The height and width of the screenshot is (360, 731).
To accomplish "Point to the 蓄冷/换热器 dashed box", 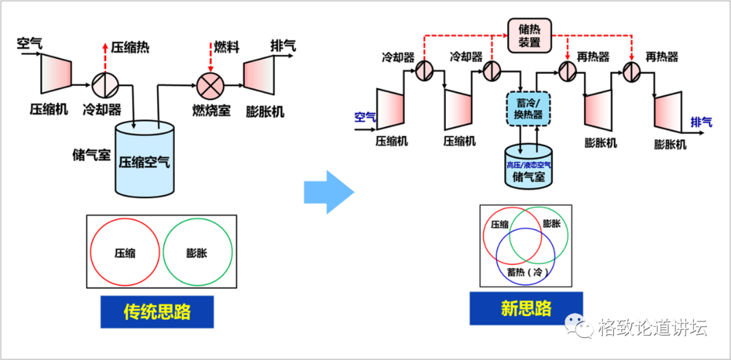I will (529, 109).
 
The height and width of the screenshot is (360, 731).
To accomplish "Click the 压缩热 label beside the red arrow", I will (130, 47).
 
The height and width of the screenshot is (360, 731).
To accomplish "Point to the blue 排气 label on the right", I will (701, 122).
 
